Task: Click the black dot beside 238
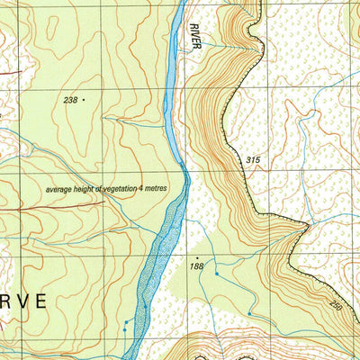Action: pyautogui.click(x=84, y=101)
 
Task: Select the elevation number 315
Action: pyautogui.click(x=253, y=160)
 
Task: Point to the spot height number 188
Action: pyautogui.click(x=198, y=266)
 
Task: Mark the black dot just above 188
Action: pyautogui.click(x=197, y=257)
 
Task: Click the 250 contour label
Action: pyautogui.click(x=336, y=308)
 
